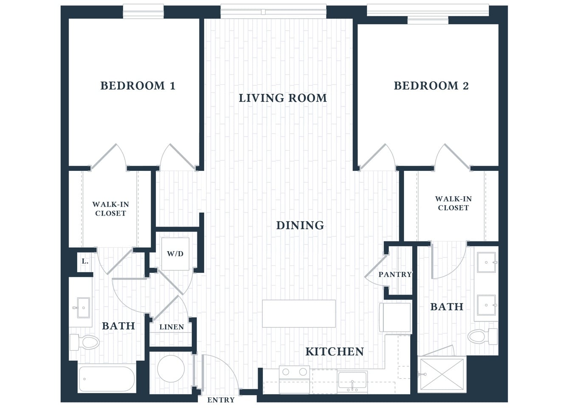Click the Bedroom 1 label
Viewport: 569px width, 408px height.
point(138,86)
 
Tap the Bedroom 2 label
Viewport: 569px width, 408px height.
point(431,86)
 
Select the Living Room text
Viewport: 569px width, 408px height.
point(283,98)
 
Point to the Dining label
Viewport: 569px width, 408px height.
point(300,225)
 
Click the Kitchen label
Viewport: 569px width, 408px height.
point(335,351)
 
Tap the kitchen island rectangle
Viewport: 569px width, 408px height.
point(299,314)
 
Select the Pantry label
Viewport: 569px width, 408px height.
point(395,275)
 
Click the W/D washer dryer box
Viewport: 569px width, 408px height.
point(175,254)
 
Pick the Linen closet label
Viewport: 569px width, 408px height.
point(172,327)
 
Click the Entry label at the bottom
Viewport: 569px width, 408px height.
point(221,400)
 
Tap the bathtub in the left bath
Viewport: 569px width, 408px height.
point(107,379)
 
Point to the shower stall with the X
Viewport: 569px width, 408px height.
point(442,374)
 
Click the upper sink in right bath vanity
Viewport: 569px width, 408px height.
point(486,263)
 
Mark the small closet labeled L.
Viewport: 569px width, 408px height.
point(85,261)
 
